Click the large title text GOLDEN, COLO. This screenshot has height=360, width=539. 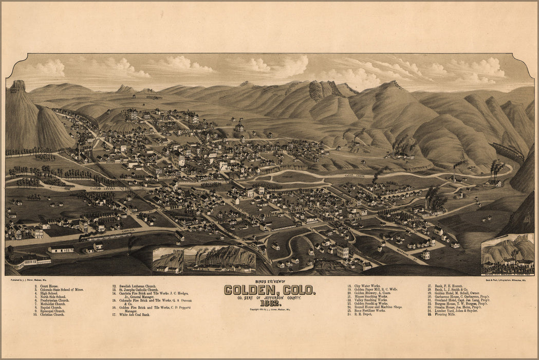pos(269,290)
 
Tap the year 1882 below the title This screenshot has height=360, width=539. pos(269,303)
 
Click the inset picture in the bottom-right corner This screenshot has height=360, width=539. pos(508,254)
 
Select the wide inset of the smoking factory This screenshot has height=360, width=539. pos(219,259)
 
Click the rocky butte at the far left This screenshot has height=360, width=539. pos(18,86)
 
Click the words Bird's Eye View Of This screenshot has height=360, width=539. pos(269,282)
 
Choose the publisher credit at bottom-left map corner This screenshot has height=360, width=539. pos(29,280)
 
